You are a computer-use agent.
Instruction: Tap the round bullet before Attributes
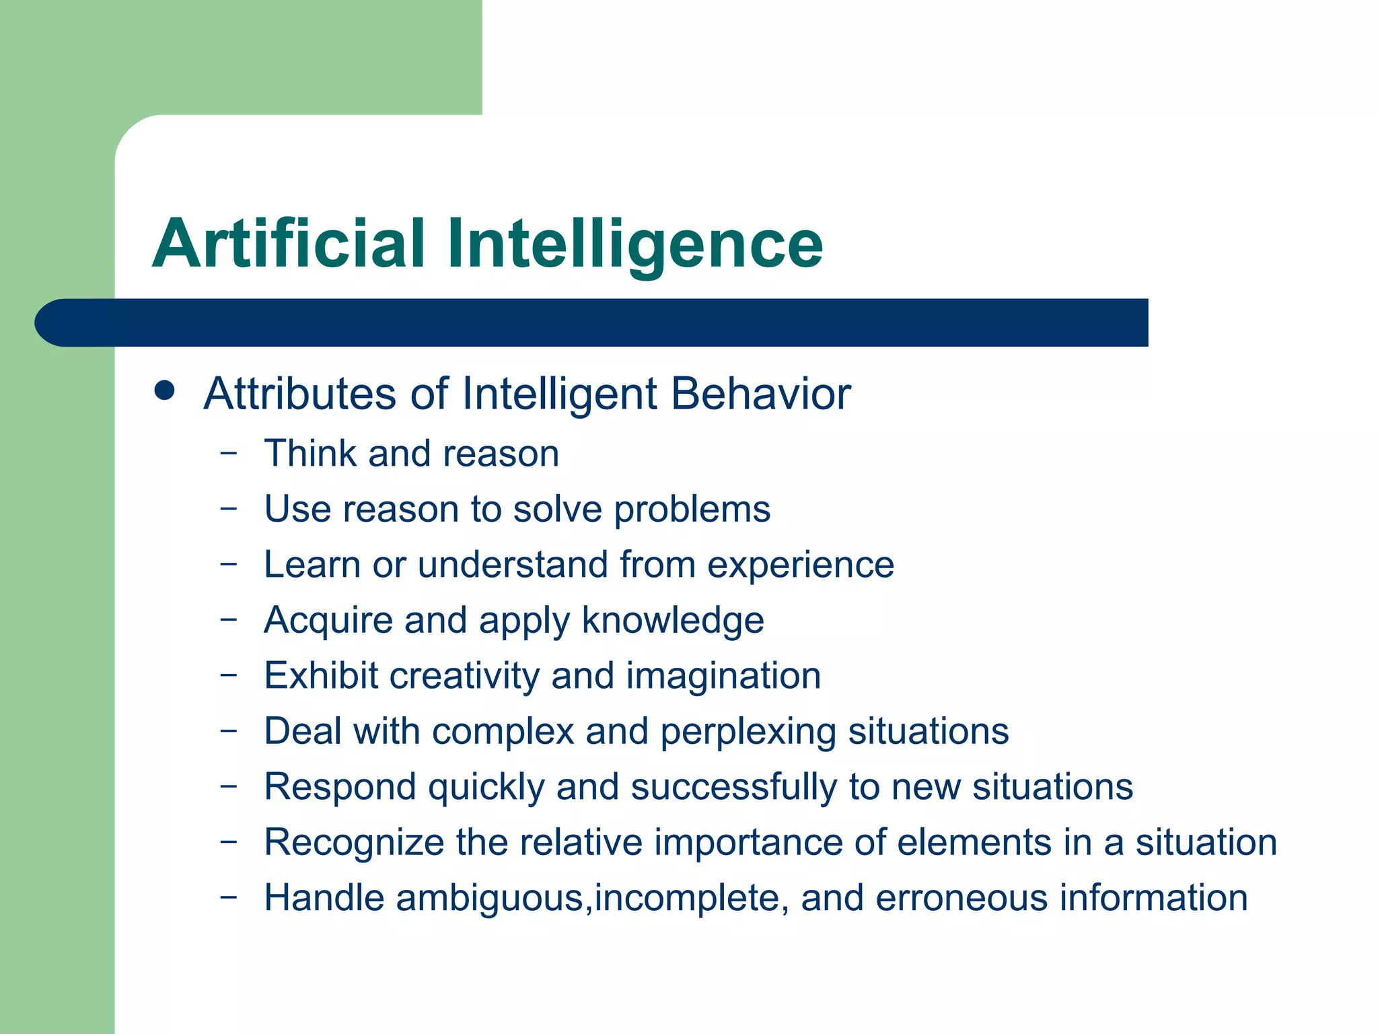[x=164, y=390]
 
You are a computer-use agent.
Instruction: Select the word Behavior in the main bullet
[x=761, y=394]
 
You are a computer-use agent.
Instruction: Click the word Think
[x=310, y=453]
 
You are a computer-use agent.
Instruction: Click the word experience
[x=800, y=565]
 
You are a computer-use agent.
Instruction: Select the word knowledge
[x=672, y=621]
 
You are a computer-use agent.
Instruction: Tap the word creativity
[x=464, y=676]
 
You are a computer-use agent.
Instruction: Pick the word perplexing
[x=748, y=732]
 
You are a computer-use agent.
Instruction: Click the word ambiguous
[x=489, y=899]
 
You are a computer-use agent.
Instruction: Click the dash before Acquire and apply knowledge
[x=229, y=618]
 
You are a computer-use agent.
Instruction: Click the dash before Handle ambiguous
[x=229, y=896]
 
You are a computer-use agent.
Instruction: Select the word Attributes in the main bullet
[x=300, y=394]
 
